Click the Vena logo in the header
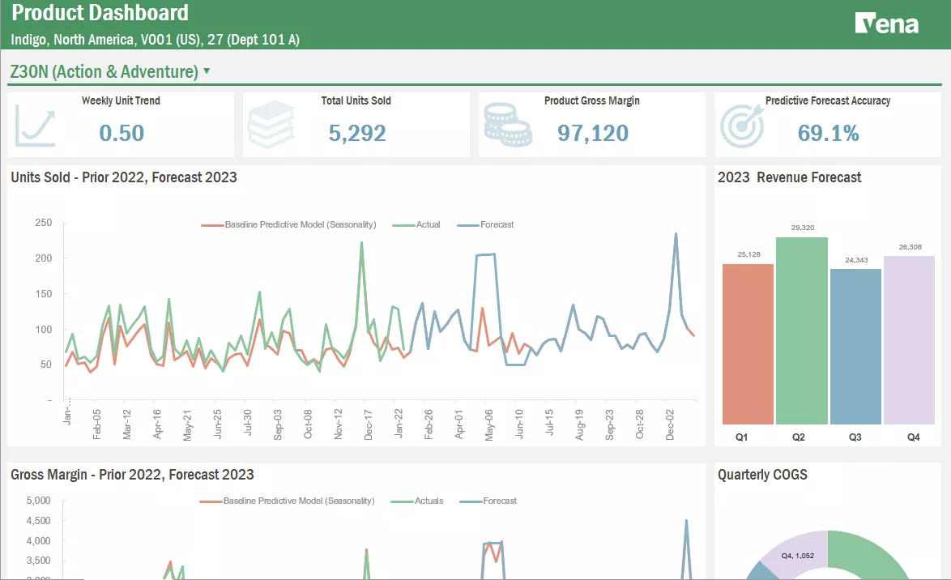886,23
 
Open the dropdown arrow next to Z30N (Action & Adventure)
207,70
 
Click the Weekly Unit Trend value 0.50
122,133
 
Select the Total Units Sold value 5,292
357,133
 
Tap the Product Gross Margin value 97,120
593,133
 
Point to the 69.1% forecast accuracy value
828,133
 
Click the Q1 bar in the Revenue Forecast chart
748,343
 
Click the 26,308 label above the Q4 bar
910,247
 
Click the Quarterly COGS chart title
762,475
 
